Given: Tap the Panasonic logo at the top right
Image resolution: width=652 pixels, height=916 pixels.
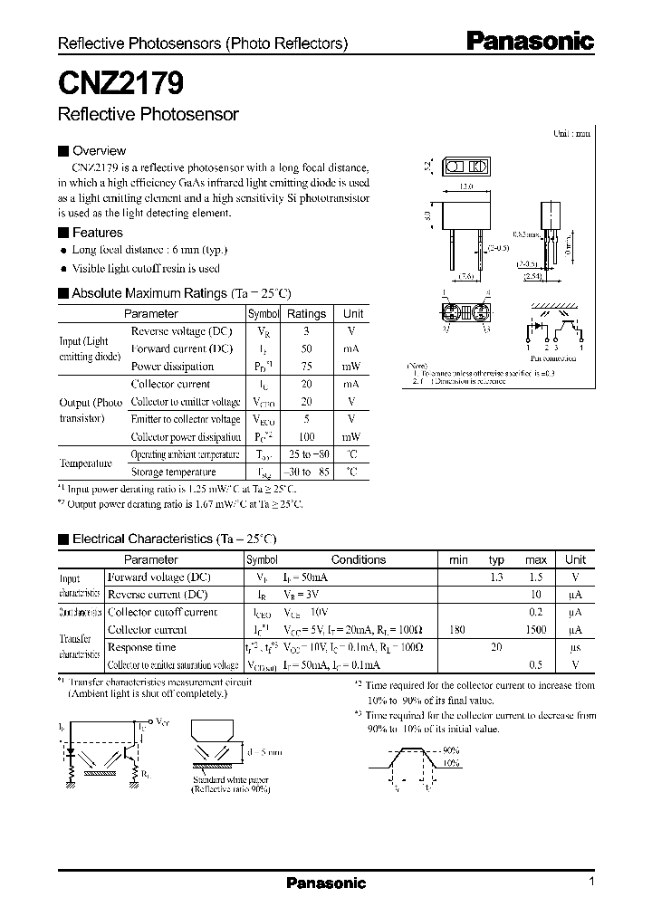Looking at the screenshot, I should (x=530, y=41).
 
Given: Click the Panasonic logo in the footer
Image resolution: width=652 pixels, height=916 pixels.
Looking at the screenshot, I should (x=326, y=883).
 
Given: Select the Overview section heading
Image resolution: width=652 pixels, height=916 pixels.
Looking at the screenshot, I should (x=99, y=151).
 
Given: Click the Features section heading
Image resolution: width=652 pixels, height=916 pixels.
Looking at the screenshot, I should (x=97, y=233).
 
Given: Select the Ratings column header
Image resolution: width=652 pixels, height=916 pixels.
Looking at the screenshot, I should (x=306, y=314).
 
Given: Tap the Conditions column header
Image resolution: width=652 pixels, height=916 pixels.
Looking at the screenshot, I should (x=358, y=560).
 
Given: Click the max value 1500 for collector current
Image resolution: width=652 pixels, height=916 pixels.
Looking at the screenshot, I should (x=535, y=630).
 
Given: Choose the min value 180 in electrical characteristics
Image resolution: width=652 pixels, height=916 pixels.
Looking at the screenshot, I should (x=457, y=630).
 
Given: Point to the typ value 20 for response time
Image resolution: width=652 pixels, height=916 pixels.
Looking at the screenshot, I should (x=496, y=648).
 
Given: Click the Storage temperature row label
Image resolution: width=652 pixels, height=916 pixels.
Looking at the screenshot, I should (x=174, y=472).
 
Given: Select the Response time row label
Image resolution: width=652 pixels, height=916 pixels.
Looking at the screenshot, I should (x=142, y=648).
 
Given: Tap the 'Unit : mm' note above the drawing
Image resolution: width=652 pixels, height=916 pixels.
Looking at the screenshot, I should (x=571, y=133).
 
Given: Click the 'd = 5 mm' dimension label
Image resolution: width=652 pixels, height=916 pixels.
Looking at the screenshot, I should (x=264, y=751).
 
